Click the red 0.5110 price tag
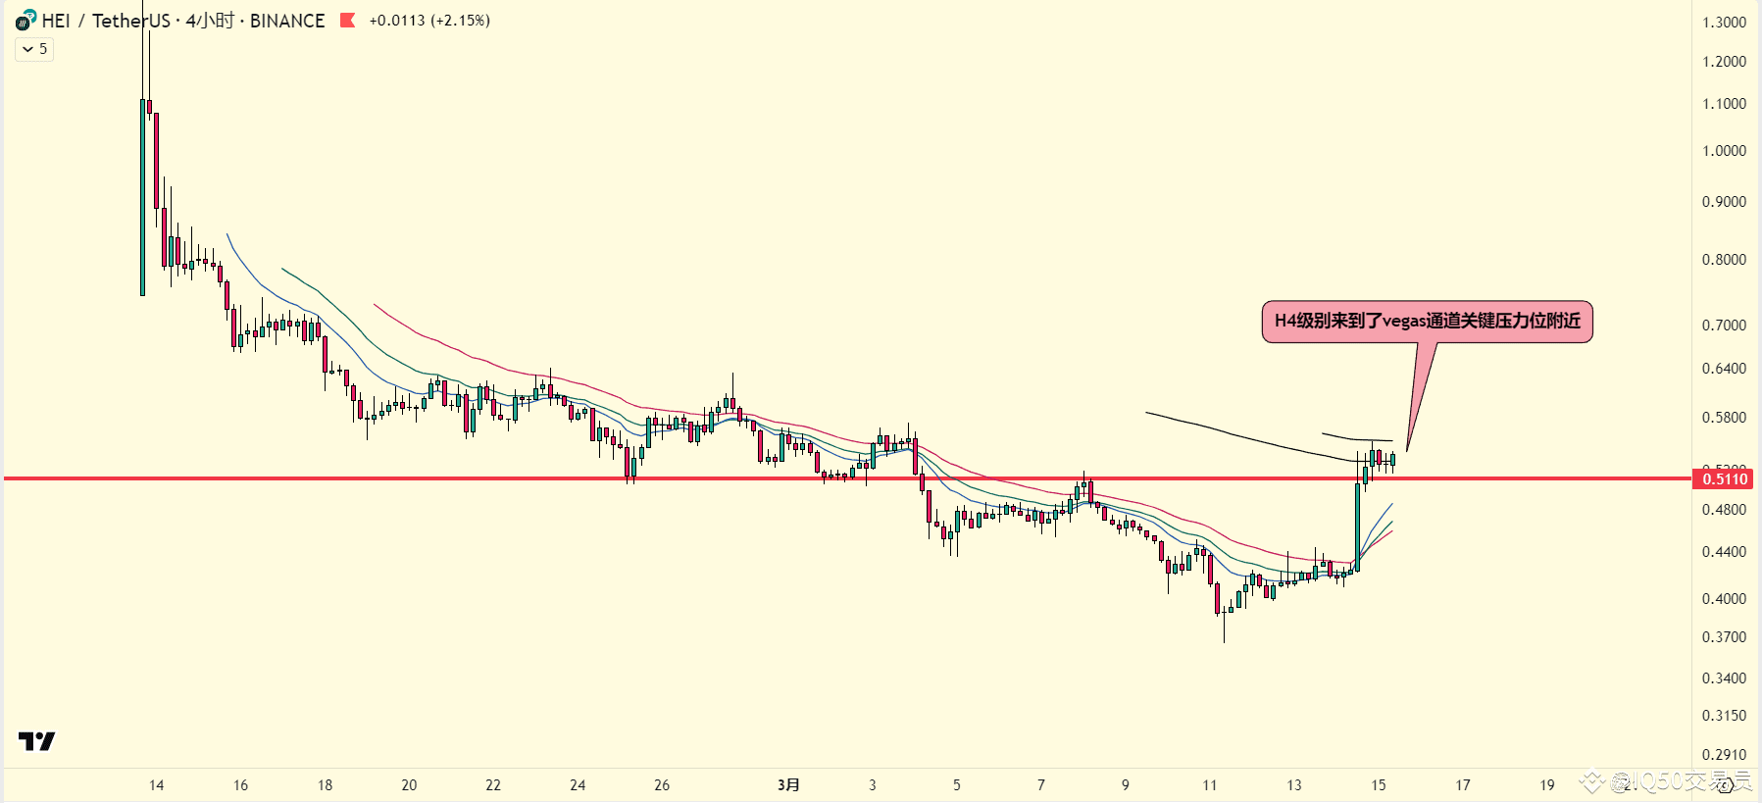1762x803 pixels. (x=1724, y=478)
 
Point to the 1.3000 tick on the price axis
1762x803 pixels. (x=1724, y=22)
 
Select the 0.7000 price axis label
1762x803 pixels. (x=1724, y=325)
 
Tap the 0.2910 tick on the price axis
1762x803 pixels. (x=1724, y=754)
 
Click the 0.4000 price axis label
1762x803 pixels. (x=1724, y=598)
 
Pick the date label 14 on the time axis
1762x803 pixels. (x=156, y=784)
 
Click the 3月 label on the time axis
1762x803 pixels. (x=788, y=784)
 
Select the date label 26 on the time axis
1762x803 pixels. (x=662, y=784)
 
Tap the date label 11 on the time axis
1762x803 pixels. (x=1209, y=784)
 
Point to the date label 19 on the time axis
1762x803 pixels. (x=1546, y=784)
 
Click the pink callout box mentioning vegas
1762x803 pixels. (x=1427, y=322)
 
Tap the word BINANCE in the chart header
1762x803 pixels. (x=286, y=21)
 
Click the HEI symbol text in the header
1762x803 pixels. (x=56, y=21)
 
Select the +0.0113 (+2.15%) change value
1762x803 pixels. (x=429, y=21)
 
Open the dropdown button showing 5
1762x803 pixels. (x=34, y=49)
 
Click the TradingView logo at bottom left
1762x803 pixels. (x=36, y=741)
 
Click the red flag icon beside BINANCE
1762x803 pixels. (x=347, y=20)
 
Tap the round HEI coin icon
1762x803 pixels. (x=25, y=20)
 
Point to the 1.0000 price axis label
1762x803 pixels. (x=1724, y=150)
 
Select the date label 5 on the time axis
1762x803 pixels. (x=957, y=784)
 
